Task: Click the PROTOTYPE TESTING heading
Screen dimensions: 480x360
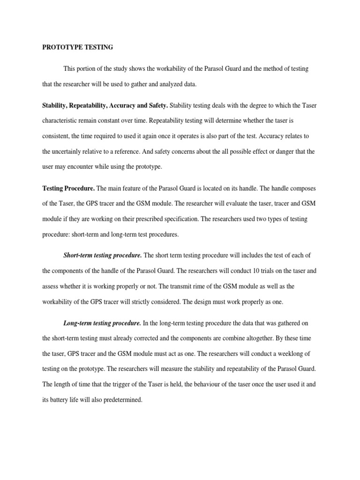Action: coord(77,47)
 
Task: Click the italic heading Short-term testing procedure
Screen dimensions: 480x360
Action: coord(103,255)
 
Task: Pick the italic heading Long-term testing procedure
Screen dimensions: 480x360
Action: coord(102,323)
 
